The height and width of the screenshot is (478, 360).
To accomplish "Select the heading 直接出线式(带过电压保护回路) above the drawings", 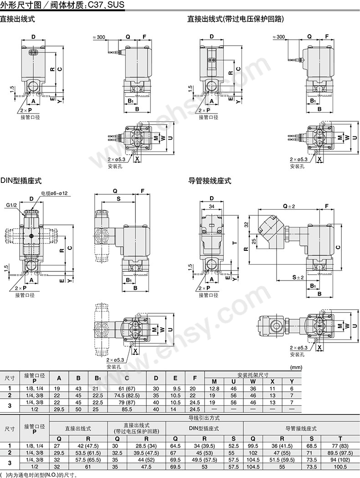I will pyautogui.click(x=236, y=19).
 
